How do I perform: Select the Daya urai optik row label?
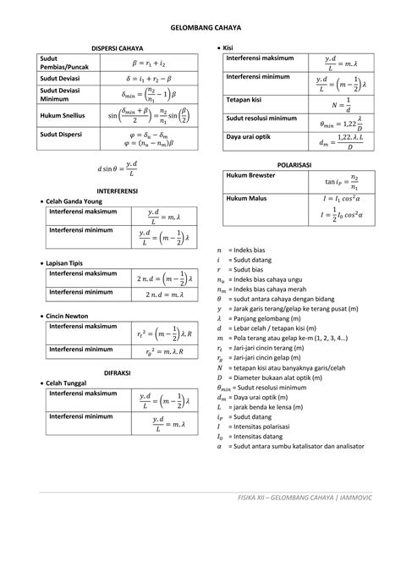tap(254, 136)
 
